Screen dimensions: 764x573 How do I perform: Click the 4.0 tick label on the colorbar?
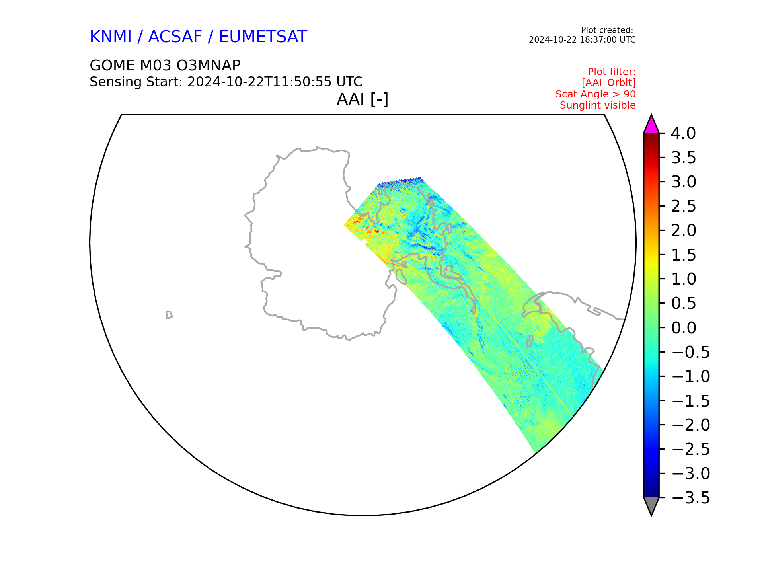tap(683, 133)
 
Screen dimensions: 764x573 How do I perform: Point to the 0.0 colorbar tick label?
tap(683, 328)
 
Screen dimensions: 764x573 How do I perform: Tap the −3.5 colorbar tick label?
tap(690, 498)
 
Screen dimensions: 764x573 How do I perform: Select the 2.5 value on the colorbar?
tap(683, 206)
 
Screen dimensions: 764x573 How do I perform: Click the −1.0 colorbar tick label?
tap(690, 376)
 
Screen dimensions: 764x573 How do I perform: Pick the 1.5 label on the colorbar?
tap(683, 255)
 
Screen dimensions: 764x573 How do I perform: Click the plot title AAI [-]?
tap(363, 99)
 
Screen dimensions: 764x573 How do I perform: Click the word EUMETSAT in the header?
tap(263, 37)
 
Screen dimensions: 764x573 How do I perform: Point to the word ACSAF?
tap(175, 37)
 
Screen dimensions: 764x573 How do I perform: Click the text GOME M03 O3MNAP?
tap(165, 65)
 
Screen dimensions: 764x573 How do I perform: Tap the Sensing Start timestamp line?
tap(226, 82)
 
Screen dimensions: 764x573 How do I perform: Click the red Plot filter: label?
tap(612, 72)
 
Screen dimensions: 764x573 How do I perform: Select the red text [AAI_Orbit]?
tap(609, 83)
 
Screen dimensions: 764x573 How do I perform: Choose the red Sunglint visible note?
tap(598, 105)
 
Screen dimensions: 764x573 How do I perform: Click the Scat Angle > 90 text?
tap(596, 94)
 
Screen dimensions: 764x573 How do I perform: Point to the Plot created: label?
tap(607, 30)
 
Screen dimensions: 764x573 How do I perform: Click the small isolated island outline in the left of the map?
tap(169, 315)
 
